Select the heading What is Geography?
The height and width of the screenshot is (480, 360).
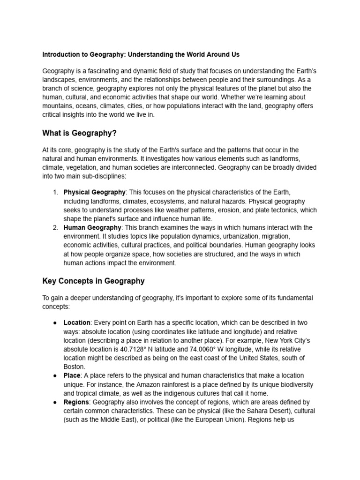(79, 134)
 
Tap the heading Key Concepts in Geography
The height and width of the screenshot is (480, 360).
(93, 281)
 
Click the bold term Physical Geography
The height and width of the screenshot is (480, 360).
(94, 192)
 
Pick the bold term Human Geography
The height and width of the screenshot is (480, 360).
(92, 228)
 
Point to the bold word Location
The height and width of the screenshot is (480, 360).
(77, 323)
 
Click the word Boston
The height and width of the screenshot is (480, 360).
(74, 367)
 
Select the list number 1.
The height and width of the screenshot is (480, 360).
(55, 192)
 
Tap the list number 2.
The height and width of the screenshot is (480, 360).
(55, 228)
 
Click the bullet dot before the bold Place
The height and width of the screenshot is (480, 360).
(55, 376)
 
